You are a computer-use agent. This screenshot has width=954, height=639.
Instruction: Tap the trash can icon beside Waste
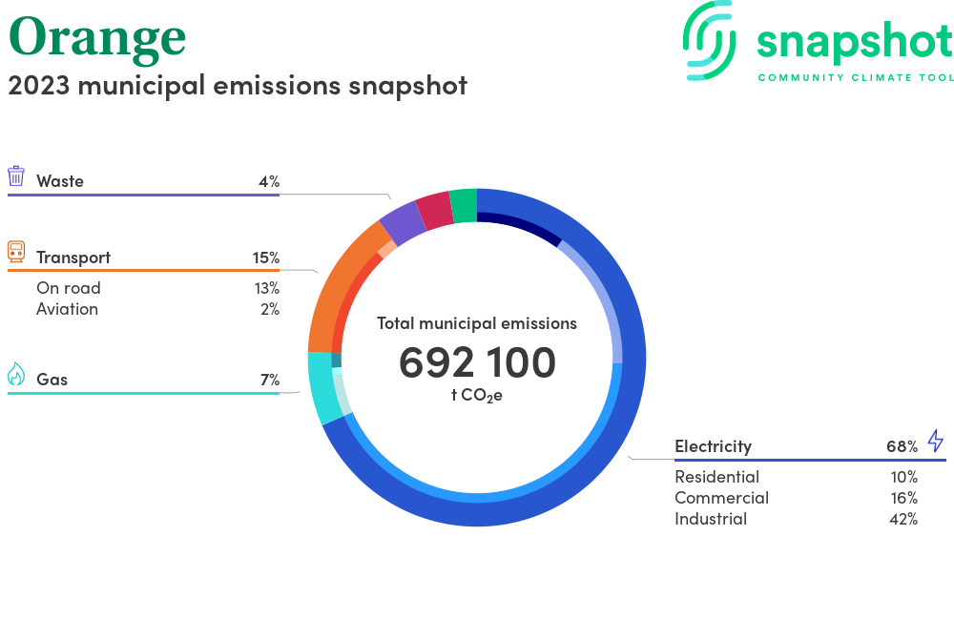click(16, 175)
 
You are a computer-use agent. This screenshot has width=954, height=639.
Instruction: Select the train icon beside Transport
click(16, 252)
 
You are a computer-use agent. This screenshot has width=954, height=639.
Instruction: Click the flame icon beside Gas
click(16, 374)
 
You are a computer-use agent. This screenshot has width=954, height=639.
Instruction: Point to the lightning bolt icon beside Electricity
click(936, 441)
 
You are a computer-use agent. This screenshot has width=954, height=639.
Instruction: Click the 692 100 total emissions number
click(477, 362)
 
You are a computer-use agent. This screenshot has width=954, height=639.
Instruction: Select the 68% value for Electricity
click(902, 447)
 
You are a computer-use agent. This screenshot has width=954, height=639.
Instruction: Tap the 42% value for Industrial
click(903, 519)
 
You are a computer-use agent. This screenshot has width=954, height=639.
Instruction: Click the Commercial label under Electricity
click(721, 498)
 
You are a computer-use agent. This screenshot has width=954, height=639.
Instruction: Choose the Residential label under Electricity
click(716, 477)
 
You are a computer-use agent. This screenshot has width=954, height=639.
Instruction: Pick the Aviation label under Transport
click(67, 309)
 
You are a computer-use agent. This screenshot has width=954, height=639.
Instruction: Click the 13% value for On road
click(267, 288)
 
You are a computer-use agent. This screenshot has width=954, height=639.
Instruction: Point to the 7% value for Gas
click(270, 380)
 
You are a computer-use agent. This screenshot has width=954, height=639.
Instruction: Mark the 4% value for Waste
click(269, 181)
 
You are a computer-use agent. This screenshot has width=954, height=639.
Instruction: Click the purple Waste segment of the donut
click(403, 222)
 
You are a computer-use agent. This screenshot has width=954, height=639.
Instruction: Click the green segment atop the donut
click(464, 205)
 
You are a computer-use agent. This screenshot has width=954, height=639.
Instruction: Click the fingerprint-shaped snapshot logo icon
click(709, 40)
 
